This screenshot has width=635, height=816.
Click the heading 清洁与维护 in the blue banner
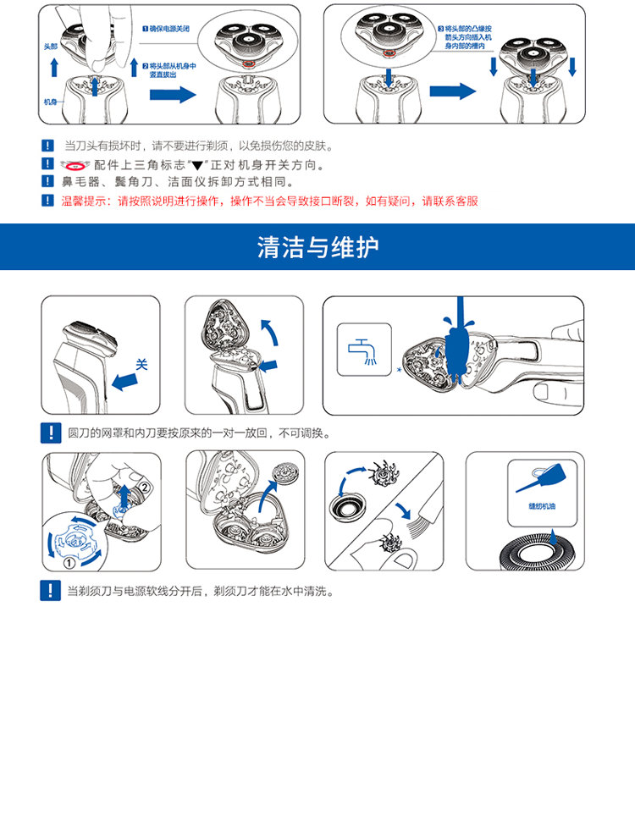[317, 246]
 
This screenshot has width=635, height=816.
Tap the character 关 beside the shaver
[141, 364]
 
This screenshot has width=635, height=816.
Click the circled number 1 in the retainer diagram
[69, 563]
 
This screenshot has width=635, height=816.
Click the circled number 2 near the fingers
[144, 488]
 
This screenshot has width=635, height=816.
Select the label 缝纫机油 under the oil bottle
[541, 506]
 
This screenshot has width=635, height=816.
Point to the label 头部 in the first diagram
[51, 47]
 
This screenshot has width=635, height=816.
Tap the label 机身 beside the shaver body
[51, 102]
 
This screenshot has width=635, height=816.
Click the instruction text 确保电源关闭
[169, 29]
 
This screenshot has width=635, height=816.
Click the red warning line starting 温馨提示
[269, 201]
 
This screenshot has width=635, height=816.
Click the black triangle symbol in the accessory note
[196, 166]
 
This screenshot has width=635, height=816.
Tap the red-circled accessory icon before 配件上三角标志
[75, 166]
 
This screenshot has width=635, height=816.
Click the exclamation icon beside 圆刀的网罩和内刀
[51, 433]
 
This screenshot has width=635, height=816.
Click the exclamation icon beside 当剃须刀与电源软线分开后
[50, 591]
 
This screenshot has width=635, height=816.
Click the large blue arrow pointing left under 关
[125, 382]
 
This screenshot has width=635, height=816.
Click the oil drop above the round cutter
[554, 538]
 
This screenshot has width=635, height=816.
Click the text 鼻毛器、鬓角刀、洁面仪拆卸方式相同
[178, 182]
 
